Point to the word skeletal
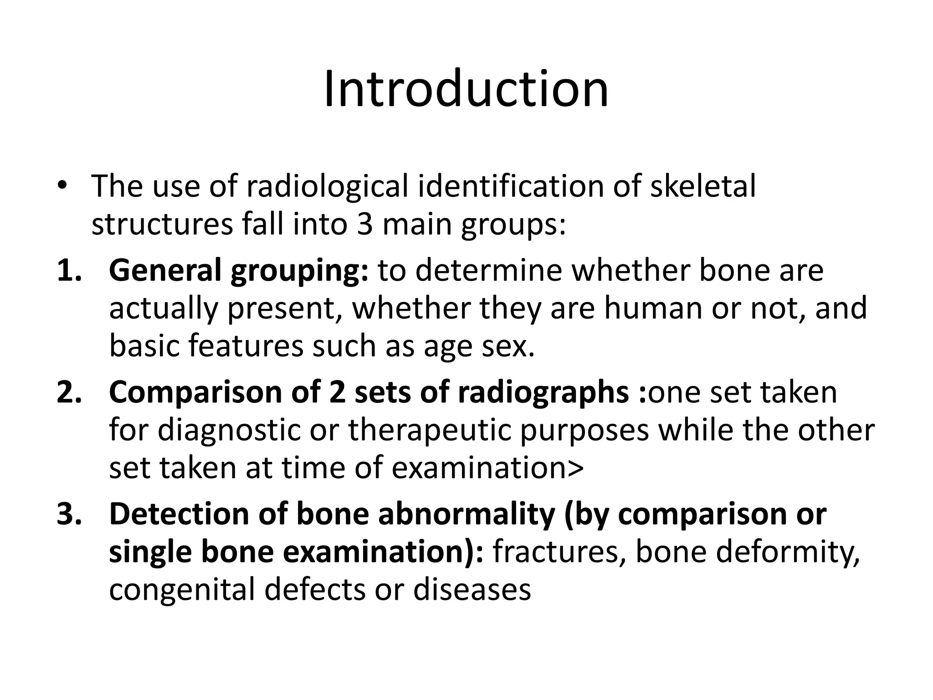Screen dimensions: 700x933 [x=702, y=186]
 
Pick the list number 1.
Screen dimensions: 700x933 [x=68, y=270]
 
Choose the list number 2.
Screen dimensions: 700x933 [x=68, y=392]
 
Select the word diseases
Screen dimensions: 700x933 [x=472, y=589]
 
